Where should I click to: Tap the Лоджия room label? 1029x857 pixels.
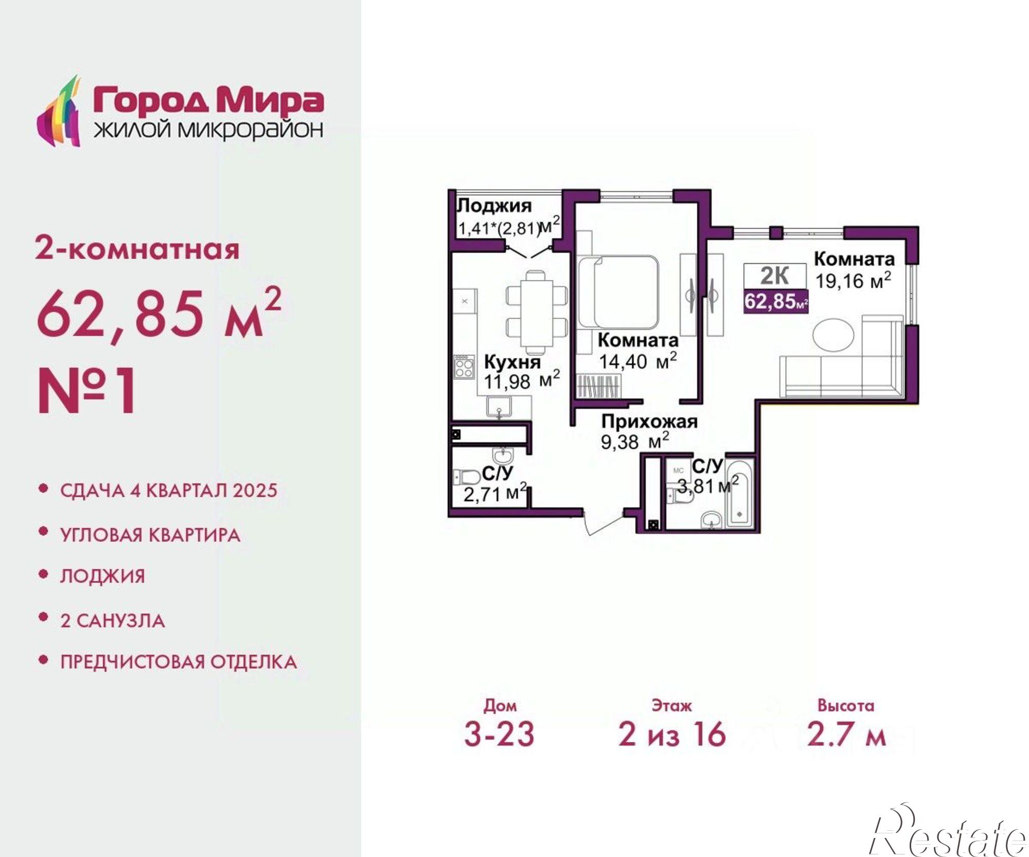pyautogui.click(x=494, y=206)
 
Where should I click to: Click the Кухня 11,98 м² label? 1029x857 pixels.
pyautogui.click(x=521, y=371)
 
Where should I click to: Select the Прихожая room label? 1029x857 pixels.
pyautogui.click(x=649, y=422)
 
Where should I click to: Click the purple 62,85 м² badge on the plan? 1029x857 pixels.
pyautogui.click(x=776, y=301)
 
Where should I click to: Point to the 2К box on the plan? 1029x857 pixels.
pyautogui.click(x=775, y=276)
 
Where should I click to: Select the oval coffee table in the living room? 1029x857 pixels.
pyautogui.click(x=833, y=335)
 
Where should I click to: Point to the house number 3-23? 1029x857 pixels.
pyautogui.click(x=499, y=734)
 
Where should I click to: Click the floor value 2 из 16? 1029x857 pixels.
pyautogui.click(x=671, y=734)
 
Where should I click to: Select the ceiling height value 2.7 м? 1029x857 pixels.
pyautogui.click(x=846, y=734)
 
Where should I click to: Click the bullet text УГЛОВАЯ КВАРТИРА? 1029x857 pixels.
pyautogui.click(x=150, y=535)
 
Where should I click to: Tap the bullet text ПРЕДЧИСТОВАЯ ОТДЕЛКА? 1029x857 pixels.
pyautogui.click(x=178, y=662)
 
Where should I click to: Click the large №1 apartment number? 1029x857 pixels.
pyautogui.click(x=87, y=391)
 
